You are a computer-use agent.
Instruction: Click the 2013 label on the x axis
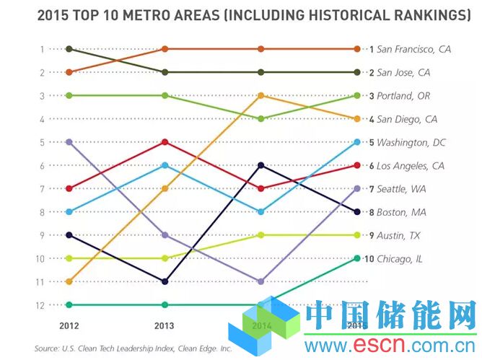[x=165, y=325]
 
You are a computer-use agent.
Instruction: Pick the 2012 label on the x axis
[x=68, y=325]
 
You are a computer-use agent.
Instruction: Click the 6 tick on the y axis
[x=43, y=166]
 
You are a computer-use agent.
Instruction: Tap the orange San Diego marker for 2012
[x=69, y=281]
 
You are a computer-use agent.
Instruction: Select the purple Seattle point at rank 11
[x=261, y=281]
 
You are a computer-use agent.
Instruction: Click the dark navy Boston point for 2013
[x=165, y=281]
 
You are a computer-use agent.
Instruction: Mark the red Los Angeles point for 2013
[x=165, y=142]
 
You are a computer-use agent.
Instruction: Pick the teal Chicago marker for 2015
[x=357, y=258]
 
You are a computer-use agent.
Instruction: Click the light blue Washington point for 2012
[x=69, y=212]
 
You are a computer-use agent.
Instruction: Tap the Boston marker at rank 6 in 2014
[x=261, y=165]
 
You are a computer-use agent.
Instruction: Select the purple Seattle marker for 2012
[x=69, y=142]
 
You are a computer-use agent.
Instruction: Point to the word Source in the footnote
[x=48, y=346]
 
